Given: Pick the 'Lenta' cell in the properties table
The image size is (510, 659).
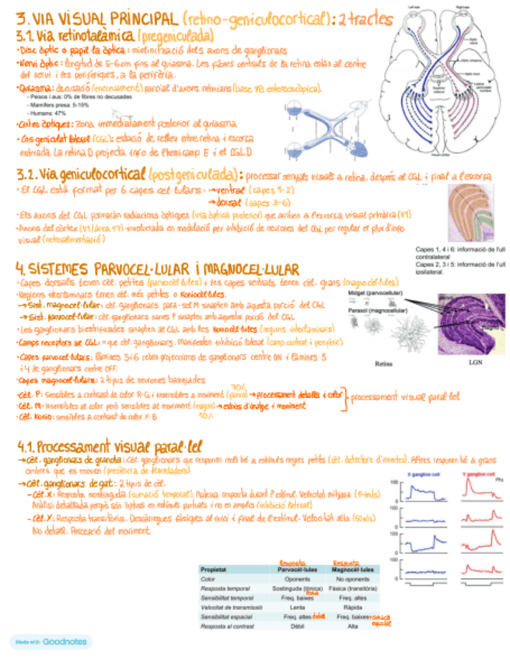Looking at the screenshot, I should tap(296, 607).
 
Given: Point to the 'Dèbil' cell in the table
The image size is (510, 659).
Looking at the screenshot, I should tap(296, 626).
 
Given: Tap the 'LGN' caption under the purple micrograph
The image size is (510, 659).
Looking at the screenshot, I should tap(471, 362).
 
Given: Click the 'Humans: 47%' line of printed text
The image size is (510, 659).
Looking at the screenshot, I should tap(51, 113).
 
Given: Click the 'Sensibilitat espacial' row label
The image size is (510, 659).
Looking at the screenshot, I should tap(223, 616).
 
